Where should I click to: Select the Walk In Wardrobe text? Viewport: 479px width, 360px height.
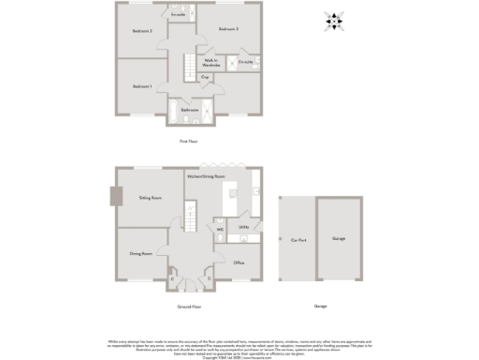(x=211, y=64)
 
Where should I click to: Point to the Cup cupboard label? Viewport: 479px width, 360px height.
(x=205, y=78)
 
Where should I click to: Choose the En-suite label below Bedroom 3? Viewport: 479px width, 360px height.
(x=246, y=62)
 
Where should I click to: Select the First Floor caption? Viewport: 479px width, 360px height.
(x=189, y=142)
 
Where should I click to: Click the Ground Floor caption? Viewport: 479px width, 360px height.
(x=189, y=307)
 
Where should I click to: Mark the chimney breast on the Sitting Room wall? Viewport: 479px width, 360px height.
(x=116, y=196)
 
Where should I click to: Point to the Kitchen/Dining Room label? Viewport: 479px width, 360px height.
(x=206, y=176)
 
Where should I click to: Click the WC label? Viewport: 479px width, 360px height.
(x=220, y=229)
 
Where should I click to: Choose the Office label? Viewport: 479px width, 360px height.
(x=239, y=262)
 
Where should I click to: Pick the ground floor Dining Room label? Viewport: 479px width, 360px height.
(x=140, y=253)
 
